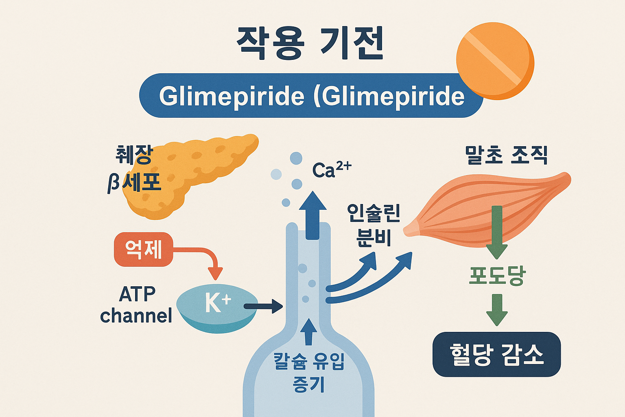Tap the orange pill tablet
pos(495,61)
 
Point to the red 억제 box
pos(144,249)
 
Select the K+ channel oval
pos(216,307)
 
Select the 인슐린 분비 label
pos(374,225)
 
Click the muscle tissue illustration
pos(488,208)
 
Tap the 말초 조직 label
pos(506,155)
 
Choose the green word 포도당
pos(497,276)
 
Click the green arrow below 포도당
pos(497,309)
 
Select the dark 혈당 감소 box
pos(497,354)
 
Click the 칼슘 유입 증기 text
pos(309,372)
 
